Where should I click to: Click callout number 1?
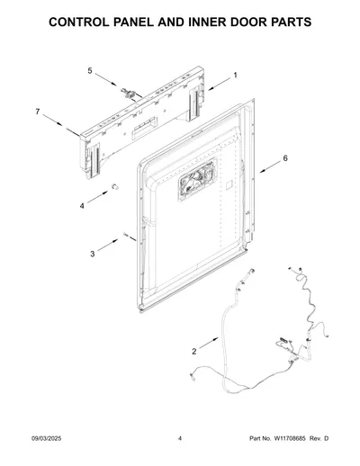(x=235, y=76)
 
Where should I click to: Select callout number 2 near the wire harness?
(x=194, y=352)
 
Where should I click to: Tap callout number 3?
(x=93, y=254)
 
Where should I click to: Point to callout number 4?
(x=82, y=206)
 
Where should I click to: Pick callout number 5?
(x=90, y=71)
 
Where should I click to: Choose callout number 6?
(x=285, y=158)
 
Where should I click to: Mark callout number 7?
(x=38, y=112)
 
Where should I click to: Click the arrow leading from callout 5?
(x=106, y=79)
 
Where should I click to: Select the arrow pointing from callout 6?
(x=270, y=167)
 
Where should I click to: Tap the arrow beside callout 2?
(x=209, y=344)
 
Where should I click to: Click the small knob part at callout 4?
(x=115, y=186)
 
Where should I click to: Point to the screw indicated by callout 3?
(x=125, y=235)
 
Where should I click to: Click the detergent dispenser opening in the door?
(x=198, y=179)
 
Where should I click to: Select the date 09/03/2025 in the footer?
(x=47, y=438)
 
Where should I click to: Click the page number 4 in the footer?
(x=180, y=438)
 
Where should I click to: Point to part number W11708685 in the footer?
(x=289, y=438)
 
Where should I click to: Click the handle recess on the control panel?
(x=146, y=127)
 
